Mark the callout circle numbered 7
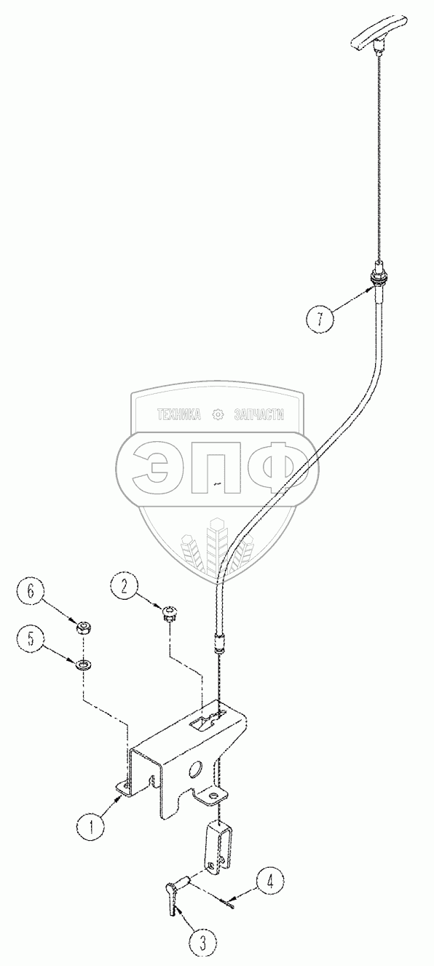(320, 318)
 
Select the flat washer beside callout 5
(82, 663)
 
